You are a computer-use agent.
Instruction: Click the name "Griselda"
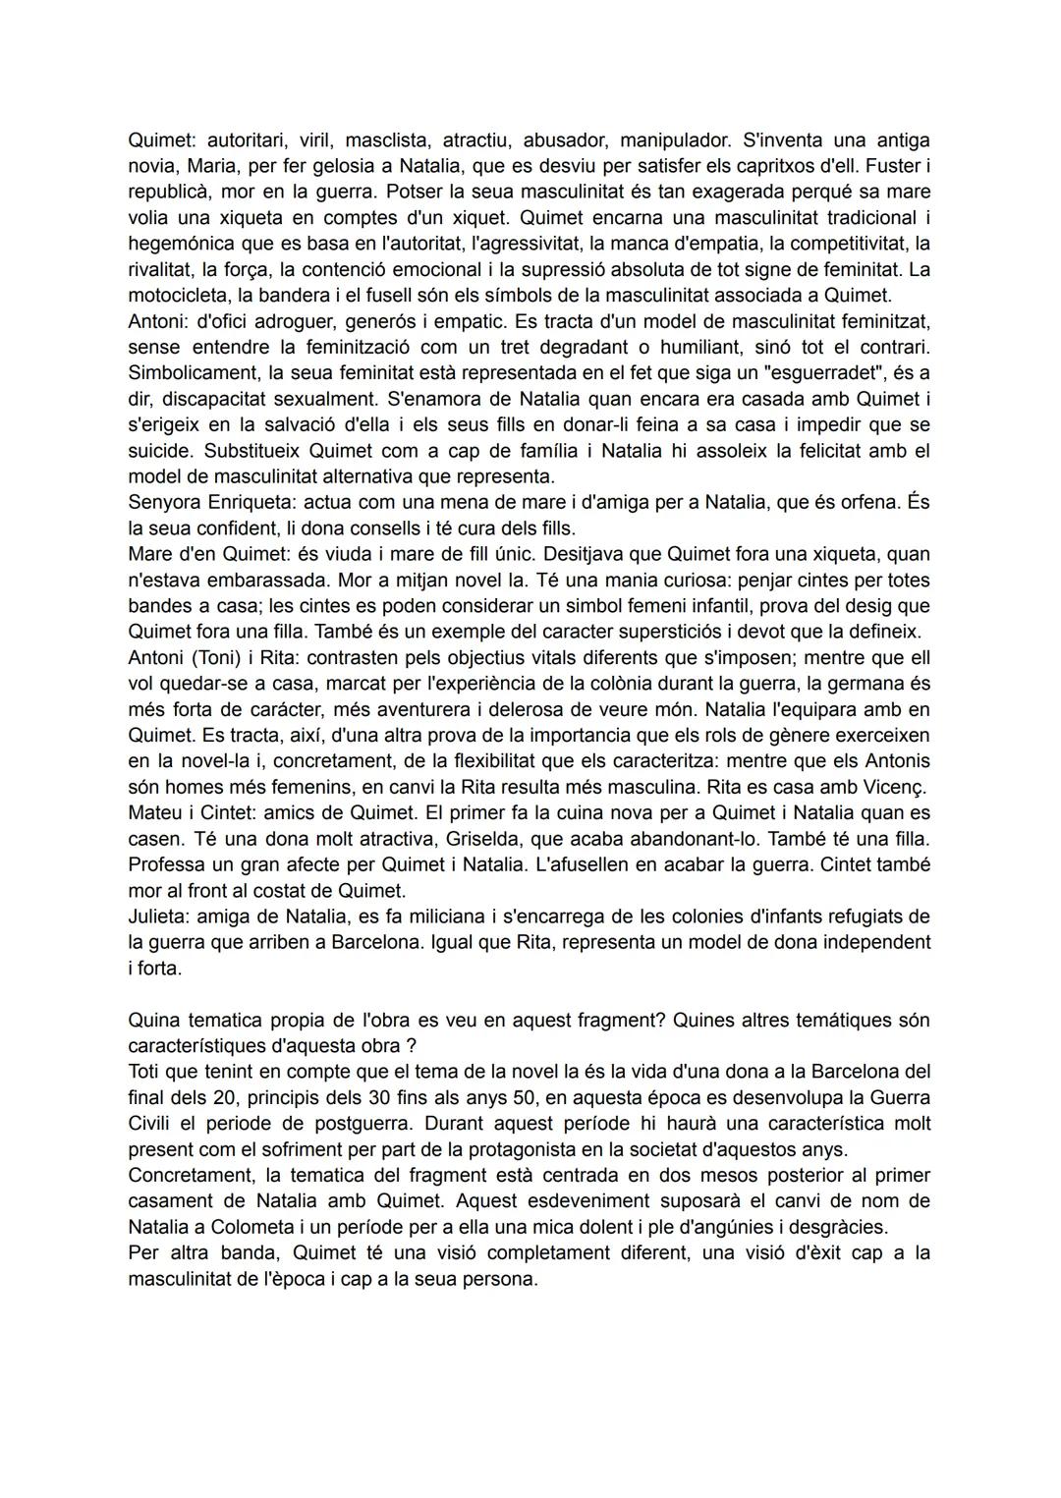483,839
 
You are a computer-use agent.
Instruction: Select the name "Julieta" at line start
159,916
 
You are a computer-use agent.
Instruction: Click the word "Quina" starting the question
152,1020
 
